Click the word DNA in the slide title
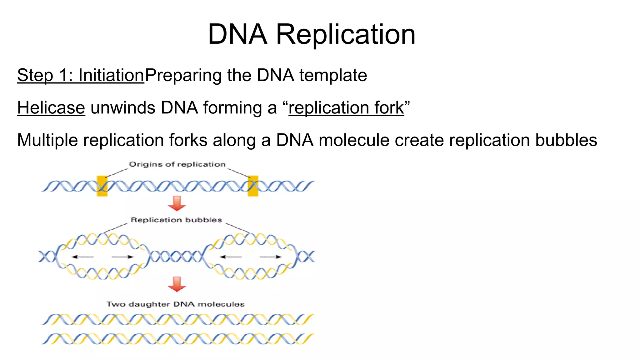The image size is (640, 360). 237,34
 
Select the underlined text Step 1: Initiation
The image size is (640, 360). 81,75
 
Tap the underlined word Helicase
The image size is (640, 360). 51,108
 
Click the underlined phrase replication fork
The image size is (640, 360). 346,108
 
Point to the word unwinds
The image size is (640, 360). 123,108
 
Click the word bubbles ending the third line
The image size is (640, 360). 566,140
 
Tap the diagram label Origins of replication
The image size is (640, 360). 177,164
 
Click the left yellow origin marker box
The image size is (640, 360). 102,186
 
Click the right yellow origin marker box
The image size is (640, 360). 253,186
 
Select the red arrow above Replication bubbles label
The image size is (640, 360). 177,203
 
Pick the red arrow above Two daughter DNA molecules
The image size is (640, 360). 177,284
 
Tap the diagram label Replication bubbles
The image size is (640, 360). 176,220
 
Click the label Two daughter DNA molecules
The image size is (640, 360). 176,304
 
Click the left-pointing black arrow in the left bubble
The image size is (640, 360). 82,257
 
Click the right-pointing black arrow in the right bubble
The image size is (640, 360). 271,257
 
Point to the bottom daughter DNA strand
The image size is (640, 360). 177,339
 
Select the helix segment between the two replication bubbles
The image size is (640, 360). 176,257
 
